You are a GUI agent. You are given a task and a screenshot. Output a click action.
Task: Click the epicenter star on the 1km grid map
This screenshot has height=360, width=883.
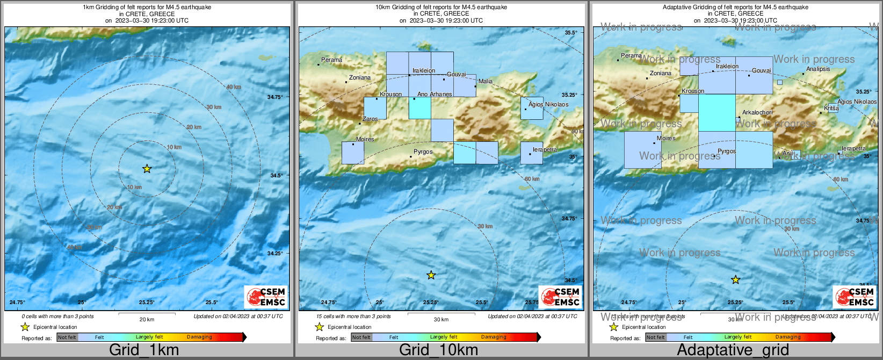click(x=147, y=169)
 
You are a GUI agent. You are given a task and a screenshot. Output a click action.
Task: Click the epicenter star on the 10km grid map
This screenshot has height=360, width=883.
click(x=431, y=275)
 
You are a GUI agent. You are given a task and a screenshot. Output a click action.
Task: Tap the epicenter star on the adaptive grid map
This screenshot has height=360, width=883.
click(x=735, y=279)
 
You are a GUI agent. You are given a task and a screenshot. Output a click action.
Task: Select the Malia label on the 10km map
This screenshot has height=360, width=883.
click(x=485, y=82)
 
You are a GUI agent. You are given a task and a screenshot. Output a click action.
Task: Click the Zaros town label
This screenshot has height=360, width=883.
click(x=370, y=119)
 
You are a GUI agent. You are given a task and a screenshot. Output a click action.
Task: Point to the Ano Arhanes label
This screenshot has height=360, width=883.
click(x=435, y=95)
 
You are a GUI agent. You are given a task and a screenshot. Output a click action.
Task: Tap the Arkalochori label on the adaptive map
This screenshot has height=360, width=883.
click(x=757, y=113)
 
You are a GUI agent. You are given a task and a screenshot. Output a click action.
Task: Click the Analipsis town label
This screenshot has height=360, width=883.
click(x=818, y=69)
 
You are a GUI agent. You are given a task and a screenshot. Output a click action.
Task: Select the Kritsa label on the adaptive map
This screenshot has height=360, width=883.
click(x=831, y=109)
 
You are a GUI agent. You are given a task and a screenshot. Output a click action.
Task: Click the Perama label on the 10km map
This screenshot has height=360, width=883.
click(x=331, y=60)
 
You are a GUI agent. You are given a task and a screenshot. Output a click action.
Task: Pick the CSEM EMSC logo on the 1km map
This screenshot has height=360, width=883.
click(x=265, y=297)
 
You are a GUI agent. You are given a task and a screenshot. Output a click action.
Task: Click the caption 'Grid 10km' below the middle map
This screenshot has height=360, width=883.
click(x=438, y=350)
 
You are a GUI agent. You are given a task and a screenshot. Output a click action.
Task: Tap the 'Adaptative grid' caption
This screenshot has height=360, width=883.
click(x=733, y=350)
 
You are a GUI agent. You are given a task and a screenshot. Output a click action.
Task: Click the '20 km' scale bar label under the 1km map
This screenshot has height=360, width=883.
click(x=147, y=320)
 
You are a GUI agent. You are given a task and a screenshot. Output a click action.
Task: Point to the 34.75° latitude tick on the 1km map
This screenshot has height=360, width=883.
click(x=274, y=97)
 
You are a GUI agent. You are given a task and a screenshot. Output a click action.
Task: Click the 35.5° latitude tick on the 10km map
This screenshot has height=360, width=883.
click(x=570, y=33)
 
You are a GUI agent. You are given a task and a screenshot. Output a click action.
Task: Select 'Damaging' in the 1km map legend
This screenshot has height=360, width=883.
click(x=199, y=337)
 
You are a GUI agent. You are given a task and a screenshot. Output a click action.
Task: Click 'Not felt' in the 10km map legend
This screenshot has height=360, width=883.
click(x=361, y=337)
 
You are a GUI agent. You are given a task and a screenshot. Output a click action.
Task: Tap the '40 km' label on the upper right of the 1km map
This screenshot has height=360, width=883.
click(x=234, y=87)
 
